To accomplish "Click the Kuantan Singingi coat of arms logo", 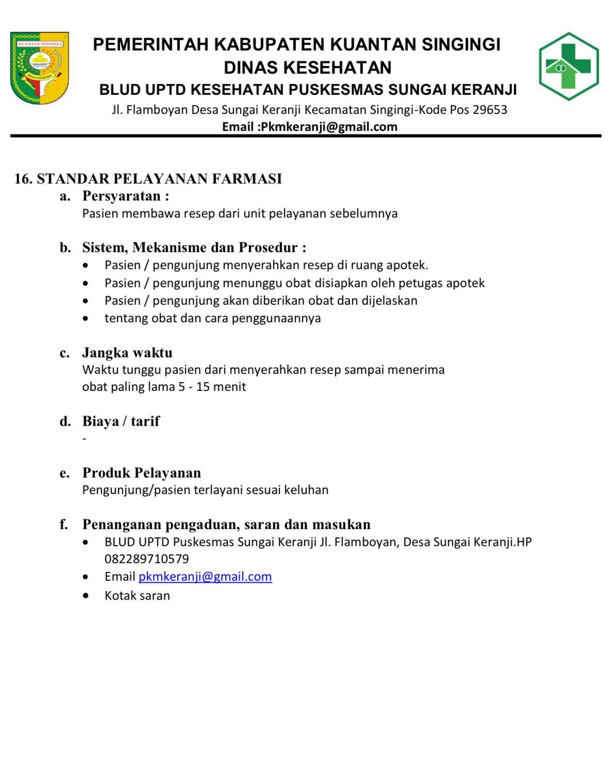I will pos(39,68).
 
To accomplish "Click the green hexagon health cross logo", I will pos(569,66).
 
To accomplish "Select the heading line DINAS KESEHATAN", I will pos(307,68).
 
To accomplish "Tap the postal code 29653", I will pos(490,110).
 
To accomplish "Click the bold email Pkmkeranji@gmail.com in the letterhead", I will pos(328,127).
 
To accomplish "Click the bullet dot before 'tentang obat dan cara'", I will pos(86,318).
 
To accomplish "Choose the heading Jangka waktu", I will pos(127,353).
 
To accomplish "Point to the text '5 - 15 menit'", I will pos(212,387).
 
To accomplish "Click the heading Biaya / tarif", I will pos(121,421).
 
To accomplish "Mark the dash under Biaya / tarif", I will pos(85,439).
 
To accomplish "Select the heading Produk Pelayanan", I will pos(142,473).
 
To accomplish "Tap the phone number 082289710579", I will pos(147,559).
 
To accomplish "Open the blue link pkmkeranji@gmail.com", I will pos(205,577).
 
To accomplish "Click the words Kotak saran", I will pos(137,596).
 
